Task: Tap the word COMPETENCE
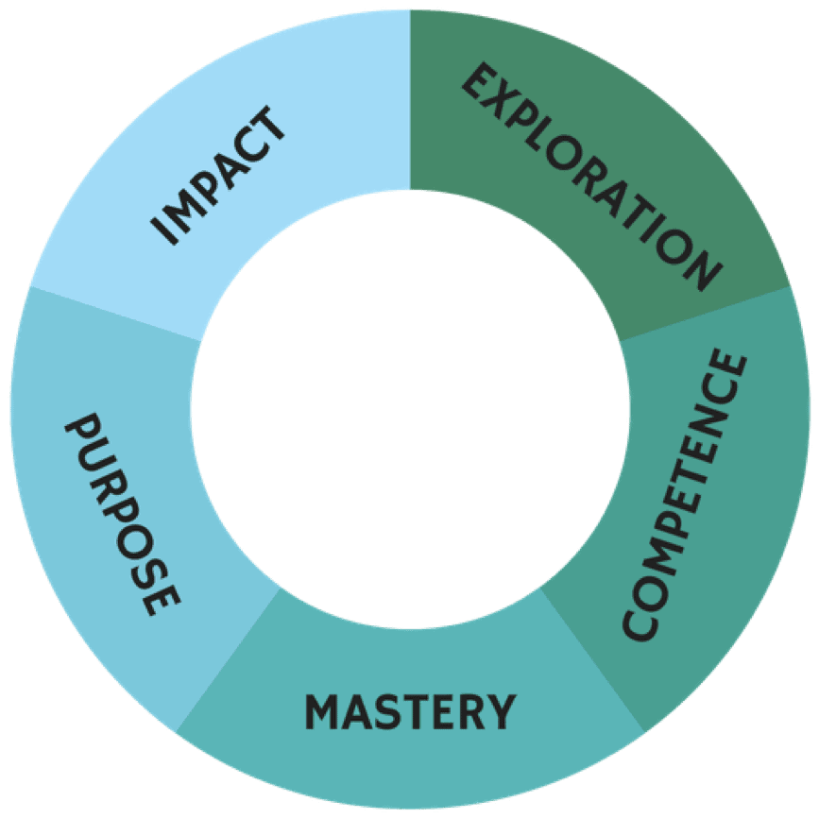pyautogui.click(x=685, y=496)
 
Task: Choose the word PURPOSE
pyautogui.click(x=122, y=515)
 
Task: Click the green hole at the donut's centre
pyautogui.click(x=410, y=410)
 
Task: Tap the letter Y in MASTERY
pyautogui.click(x=503, y=710)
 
